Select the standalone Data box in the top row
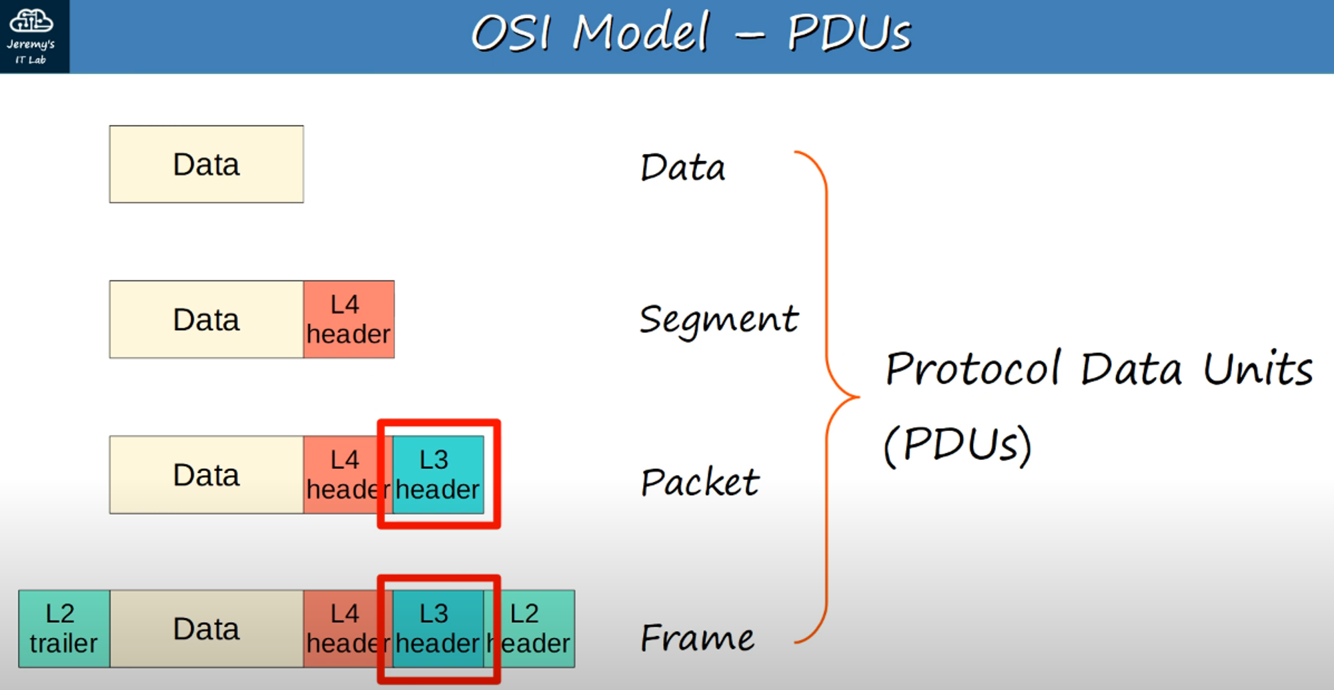pyautogui.click(x=206, y=164)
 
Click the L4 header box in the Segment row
pyautogui.click(x=348, y=320)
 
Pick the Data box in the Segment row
pyautogui.click(x=206, y=320)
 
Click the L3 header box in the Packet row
pyautogui.click(x=438, y=474)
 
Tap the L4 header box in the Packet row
pyautogui.click(x=346, y=474)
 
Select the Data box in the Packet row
pyautogui.click(x=206, y=474)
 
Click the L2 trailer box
pyautogui.click(x=63, y=629)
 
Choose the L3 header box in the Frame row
pyautogui.click(x=438, y=629)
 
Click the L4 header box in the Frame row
pyautogui.click(x=346, y=629)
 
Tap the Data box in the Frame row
pyautogui.click(x=206, y=629)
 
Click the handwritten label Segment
pyautogui.click(x=718, y=319)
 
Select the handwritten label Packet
pyautogui.click(x=699, y=482)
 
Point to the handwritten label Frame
pyautogui.click(x=697, y=637)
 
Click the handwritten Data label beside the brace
pyautogui.click(x=682, y=167)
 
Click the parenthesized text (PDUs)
pyautogui.click(x=957, y=444)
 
